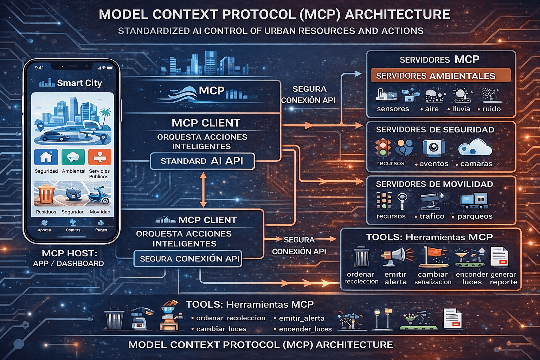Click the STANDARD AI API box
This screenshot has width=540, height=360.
pos(202,161)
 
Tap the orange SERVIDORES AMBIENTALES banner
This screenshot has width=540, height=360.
pos(441,76)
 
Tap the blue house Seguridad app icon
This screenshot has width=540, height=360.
pos(46,157)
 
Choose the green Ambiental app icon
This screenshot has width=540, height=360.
pos(73,157)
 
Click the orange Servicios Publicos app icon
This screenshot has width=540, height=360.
pos(100,157)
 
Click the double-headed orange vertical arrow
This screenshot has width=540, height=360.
pos(203,189)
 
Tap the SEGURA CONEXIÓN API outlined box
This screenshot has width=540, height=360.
pos(188,259)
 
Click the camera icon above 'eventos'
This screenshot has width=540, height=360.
pos(433,148)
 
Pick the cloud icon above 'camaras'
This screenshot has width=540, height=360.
pos(475,148)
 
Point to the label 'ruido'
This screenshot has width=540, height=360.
pos(491,109)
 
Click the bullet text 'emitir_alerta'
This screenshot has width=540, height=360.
pos(302,318)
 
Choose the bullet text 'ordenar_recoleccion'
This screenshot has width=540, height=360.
pos(231,318)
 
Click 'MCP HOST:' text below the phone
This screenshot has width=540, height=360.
pos(69,253)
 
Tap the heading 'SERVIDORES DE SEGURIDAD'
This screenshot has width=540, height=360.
pos(435,130)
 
